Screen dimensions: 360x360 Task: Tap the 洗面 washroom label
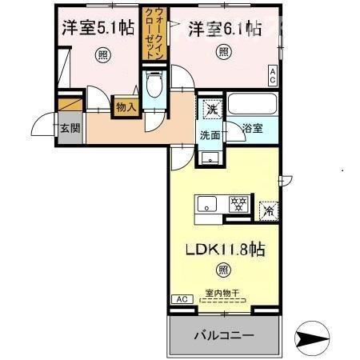(x=210, y=136)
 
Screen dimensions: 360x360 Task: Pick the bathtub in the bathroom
(x=251, y=105)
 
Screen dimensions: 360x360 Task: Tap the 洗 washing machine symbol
(x=211, y=109)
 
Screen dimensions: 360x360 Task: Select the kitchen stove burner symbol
(x=238, y=204)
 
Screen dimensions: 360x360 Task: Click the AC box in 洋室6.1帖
(x=272, y=76)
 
